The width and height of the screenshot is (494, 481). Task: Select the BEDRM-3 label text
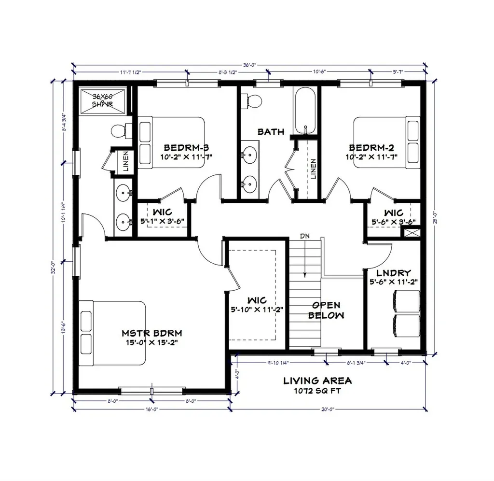click(x=186, y=148)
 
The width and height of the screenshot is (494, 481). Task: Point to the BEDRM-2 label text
click(x=371, y=148)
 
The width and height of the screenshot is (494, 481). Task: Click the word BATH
click(x=271, y=131)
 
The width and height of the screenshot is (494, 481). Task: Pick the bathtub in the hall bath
click(x=305, y=111)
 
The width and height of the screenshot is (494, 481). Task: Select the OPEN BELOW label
click(x=327, y=310)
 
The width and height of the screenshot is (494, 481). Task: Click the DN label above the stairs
click(x=304, y=236)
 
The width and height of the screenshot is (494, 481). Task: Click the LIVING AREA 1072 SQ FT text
click(x=317, y=385)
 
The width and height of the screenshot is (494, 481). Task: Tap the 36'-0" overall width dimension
click(x=249, y=64)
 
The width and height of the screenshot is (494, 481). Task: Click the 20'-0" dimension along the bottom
click(x=328, y=410)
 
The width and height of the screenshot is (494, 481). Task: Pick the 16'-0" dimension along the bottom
click(x=151, y=410)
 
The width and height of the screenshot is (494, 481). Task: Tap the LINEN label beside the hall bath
click(x=313, y=169)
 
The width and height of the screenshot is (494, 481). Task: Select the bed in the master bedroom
click(x=113, y=333)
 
